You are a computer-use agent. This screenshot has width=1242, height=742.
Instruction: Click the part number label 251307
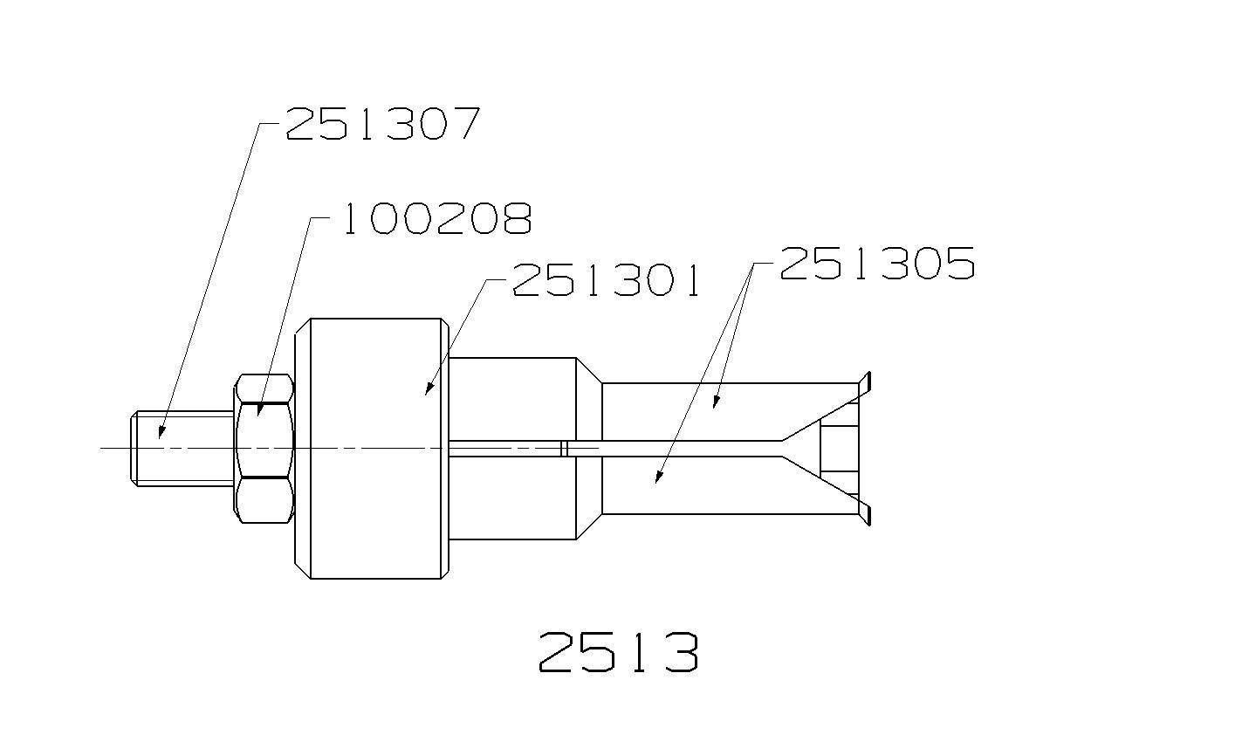(x=382, y=124)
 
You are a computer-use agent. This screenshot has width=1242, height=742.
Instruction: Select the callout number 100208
(x=436, y=219)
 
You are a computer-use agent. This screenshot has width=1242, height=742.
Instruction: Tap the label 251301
(x=607, y=280)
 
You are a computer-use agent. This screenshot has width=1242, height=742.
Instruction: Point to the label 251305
(x=877, y=263)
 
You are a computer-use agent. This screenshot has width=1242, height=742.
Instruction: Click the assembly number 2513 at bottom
(x=618, y=652)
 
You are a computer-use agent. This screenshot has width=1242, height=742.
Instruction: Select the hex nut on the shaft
(x=264, y=448)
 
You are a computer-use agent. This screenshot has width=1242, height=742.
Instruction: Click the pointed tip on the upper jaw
(x=866, y=381)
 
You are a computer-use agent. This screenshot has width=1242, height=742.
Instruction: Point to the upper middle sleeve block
(x=513, y=397)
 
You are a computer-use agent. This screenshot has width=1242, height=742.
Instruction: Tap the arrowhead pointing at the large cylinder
(x=429, y=389)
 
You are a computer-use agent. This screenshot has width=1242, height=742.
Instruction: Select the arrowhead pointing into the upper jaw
(x=716, y=402)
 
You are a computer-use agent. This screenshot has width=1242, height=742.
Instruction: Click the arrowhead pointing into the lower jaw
(x=658, y=477)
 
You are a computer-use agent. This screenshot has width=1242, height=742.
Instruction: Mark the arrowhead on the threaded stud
(x=161, y=431)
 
